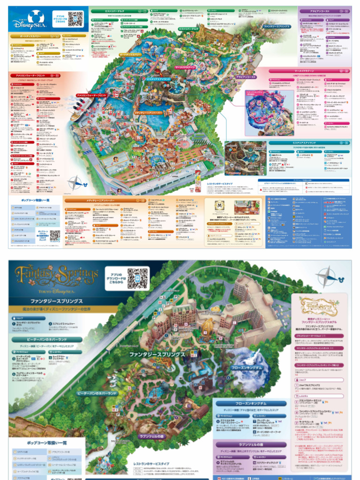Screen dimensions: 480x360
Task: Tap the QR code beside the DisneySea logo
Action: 75,19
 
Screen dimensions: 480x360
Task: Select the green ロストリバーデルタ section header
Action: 113,10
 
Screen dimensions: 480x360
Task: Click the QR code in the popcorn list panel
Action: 55,235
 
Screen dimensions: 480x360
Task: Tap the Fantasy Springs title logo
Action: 56,276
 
